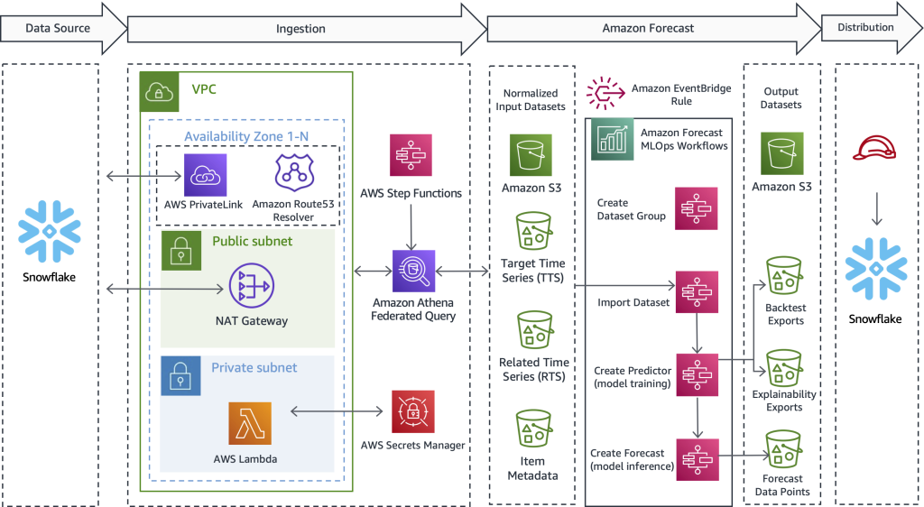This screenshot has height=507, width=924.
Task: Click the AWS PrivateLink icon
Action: pos(206,174)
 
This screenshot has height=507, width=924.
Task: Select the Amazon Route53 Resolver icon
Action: pos(294,174)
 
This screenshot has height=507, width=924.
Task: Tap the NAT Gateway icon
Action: pos(252,286)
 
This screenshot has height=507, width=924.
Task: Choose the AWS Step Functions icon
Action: pos(411,155)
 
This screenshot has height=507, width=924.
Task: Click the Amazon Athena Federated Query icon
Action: pos(413,272)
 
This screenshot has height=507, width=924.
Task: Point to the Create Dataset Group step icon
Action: pos(696,209)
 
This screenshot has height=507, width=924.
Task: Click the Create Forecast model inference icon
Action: pos(696,460)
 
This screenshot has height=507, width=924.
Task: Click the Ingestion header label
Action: pos(300,29)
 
